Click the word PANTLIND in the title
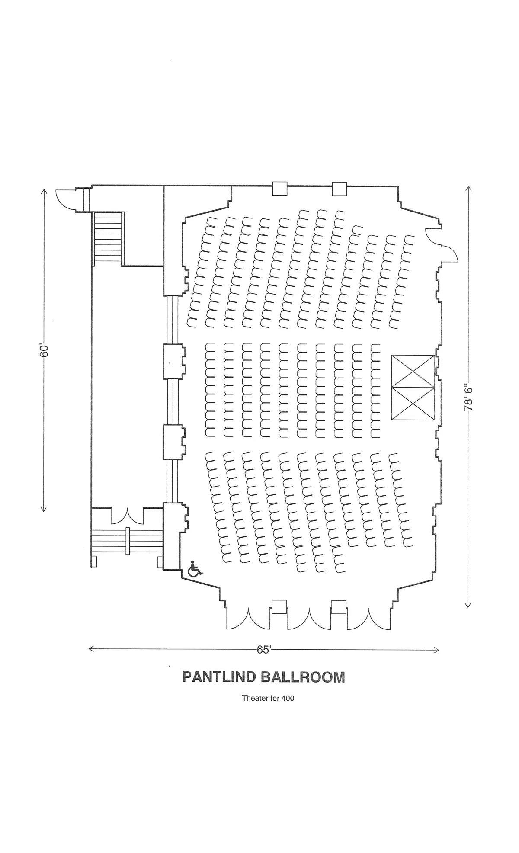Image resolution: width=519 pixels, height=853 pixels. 218,677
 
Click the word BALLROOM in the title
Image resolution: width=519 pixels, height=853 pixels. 303,677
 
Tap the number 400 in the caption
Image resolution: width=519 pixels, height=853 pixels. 288,698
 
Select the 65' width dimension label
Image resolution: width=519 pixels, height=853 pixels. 263,650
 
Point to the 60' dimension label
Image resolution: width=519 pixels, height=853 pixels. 44,350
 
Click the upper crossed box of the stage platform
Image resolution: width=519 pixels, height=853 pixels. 413,371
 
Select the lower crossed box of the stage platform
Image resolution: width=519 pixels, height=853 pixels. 413,403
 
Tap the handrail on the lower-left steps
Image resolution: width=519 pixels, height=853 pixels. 128,541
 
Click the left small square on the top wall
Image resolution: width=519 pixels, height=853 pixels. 280,188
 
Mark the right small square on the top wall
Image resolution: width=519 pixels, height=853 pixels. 340,188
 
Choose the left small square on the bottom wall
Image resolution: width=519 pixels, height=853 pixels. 279,606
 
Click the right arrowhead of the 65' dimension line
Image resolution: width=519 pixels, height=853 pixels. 437,650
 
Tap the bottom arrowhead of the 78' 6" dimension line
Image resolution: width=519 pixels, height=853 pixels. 468,605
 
